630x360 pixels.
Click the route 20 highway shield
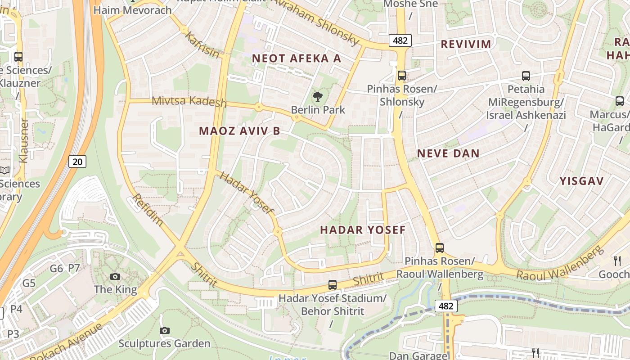pos(77,161)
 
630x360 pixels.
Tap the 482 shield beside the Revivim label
pos(400,41)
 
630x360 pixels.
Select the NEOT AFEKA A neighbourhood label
pos(297,58)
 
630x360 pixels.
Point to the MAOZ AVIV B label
pos(239,131)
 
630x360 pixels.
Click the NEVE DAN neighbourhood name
pos(448,153)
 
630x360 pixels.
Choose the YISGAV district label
pos(581,181)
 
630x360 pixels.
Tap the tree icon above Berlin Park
pos(318,96)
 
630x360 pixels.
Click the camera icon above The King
pos(115,276)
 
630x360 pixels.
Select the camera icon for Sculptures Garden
pos(165,331)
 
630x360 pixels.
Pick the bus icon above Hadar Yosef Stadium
pos(332,284)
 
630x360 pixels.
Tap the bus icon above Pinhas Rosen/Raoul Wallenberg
pos(440,247)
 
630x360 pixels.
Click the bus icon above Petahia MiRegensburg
pos(526,76)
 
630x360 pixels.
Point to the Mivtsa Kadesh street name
pos(189,101)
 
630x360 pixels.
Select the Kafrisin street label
pos(202,45)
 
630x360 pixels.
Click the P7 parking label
pos(74,269)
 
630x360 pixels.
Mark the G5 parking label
pos(29,283)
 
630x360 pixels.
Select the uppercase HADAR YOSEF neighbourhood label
pos(363,230)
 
